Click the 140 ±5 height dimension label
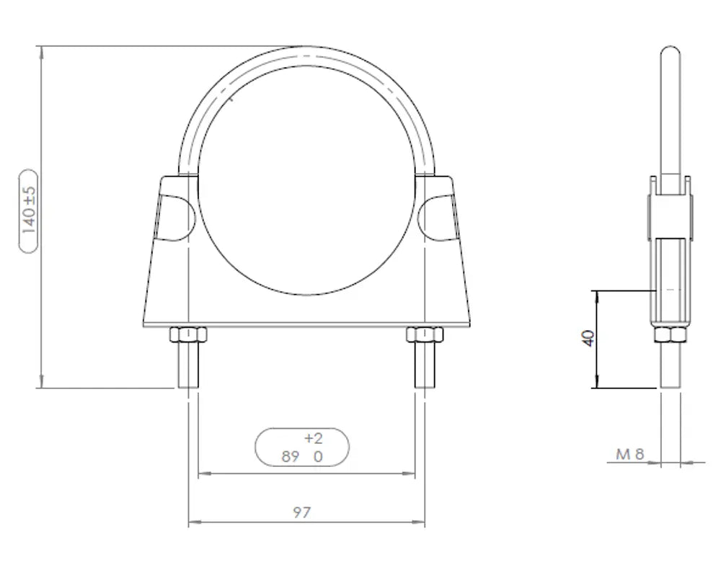click(x=29, y=210)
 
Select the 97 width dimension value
click(x=301, y=512)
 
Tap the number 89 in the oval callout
click(x=290, y=456)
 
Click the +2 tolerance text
click(x=314, y=439)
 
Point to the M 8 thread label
click(x=630, y=454)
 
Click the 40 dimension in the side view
click(x=588, y=338)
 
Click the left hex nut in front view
click(x=188, y=334)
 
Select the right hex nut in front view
click(x=425, y=334)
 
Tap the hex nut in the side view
click(x=671, y=334)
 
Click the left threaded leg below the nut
click(x=188, y=365)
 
